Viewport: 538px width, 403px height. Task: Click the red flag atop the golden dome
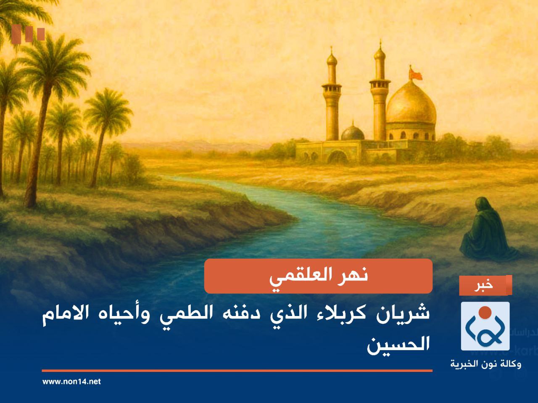tap(416, 74)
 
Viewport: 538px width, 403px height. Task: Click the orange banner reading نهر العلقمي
tap(318, 276)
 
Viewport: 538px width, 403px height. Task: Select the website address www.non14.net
tap(71, 382)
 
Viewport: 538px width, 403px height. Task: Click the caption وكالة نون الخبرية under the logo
tap(485, 364)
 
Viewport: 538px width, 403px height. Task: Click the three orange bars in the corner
tap(28, 34)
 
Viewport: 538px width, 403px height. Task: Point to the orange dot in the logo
tap(485, 311)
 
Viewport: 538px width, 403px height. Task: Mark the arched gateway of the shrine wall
tap(337, 157)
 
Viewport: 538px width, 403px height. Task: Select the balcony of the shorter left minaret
tap(332, 87)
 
